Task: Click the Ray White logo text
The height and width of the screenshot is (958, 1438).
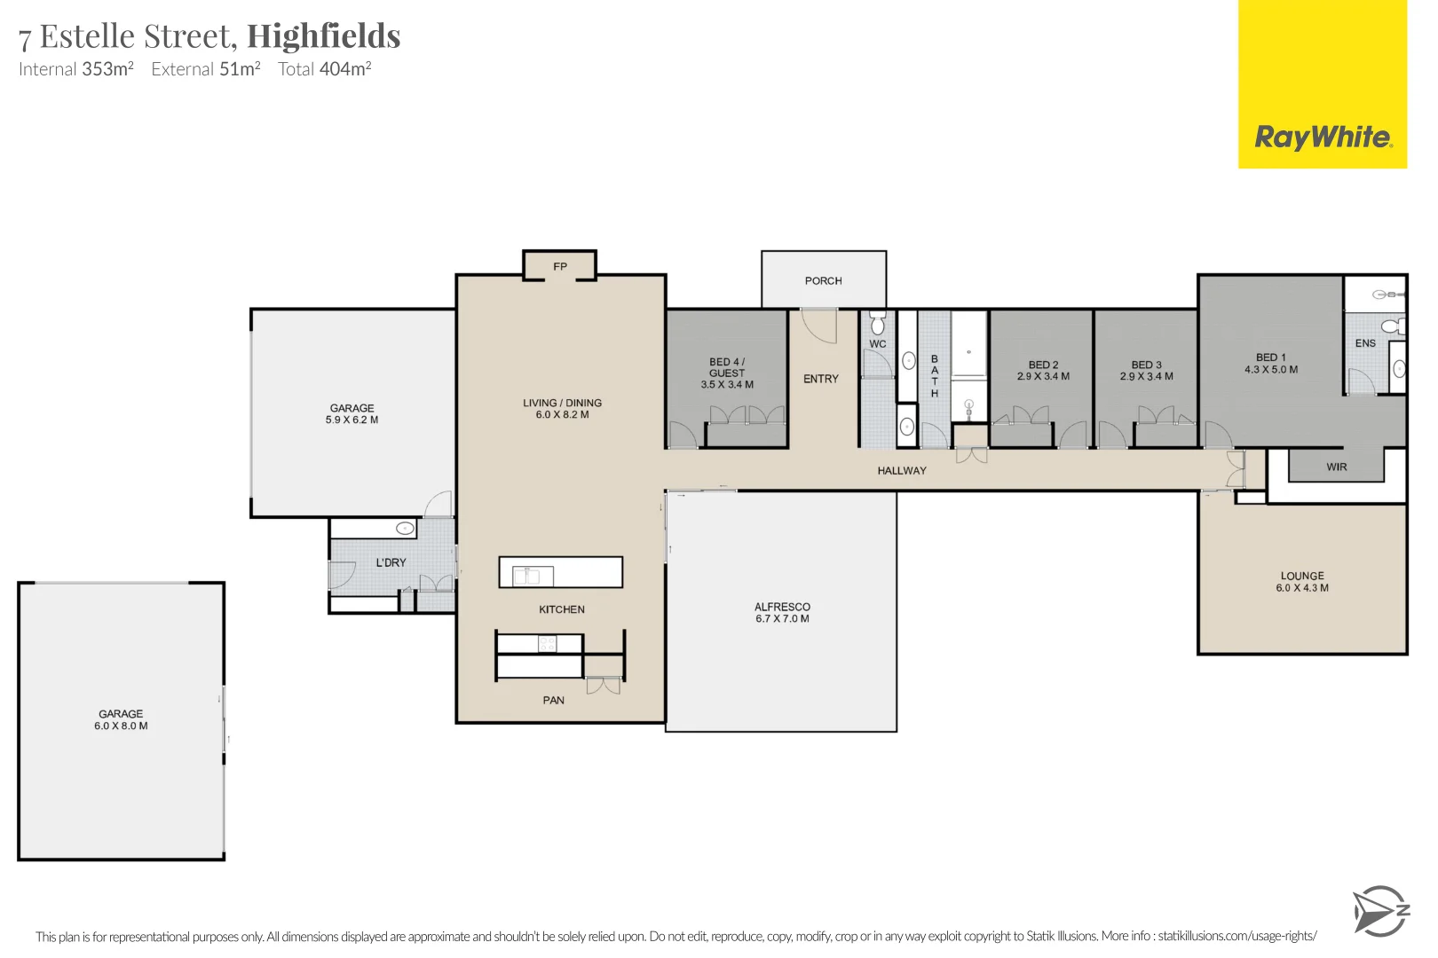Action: pyautogui.click(x=1322, y=137)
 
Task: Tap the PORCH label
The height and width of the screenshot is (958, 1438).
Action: pyautogui.click(x=823, y=280)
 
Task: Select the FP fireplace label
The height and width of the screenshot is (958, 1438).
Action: pyautogui.click(x=560, y=266)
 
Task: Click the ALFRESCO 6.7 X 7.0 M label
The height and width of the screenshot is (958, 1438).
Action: pyautogui.click(x=782, y=613)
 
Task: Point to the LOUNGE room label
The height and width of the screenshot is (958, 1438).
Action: pyautogui.click(x=1302, y=581)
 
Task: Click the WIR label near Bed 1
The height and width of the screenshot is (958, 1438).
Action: pyautogui.click(x=1336, y=467)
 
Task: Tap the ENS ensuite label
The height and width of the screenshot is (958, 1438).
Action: pyautogui.click(x=1365, y=343)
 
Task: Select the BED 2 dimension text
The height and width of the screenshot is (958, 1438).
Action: pyautogui.click(x=1043, y=376)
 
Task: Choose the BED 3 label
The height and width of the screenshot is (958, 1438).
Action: pyautogui.click(x=1146, y=365)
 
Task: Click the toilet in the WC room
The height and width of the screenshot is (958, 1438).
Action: pyautogui.click(x=877, y=324)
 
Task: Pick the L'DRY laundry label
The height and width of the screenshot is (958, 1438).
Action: pyautogui.click(x=391, y=562)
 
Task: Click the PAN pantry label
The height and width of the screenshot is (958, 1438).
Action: pyautogui.click(x=553, y=700)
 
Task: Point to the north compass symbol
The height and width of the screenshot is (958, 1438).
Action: pyautogui.click(x=1379, y=911)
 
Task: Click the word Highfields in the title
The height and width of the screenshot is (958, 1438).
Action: pyautogui.click(x=323, y=36)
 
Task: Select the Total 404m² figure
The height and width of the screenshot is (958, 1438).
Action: pyautogui.click(x=324, y=69)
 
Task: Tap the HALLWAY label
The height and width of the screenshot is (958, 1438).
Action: pyautogui.click(x=901, y=470)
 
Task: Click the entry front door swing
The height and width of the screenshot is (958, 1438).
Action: pyautogui.click(x=819, y=326)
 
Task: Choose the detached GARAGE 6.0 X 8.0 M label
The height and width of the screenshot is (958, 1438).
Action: pyautogui.click(x=121, y=719)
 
